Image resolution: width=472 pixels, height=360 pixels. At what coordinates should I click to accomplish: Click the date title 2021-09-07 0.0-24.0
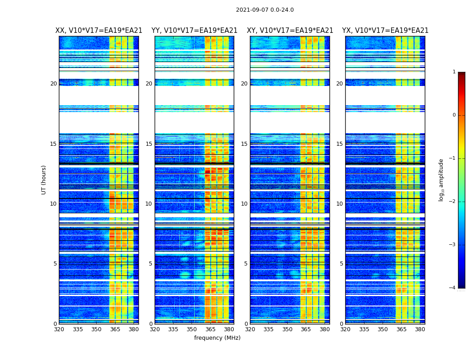pos(265,10)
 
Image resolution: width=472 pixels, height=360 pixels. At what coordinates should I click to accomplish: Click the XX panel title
pos(99,31)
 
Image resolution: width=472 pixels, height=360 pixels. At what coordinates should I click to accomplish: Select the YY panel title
pos(194,31)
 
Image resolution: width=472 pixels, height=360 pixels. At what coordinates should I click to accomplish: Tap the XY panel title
pos(290,31)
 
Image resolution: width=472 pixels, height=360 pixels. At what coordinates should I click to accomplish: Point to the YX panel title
pos(385,31)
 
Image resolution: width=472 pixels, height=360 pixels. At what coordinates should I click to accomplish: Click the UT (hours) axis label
pos(44,180)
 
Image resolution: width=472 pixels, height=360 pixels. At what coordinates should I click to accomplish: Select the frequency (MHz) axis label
pos(217,338)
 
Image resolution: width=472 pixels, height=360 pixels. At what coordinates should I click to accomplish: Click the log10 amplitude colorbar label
pos(441,180)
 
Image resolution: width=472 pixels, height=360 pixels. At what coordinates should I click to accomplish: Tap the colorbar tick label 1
pos(454,72)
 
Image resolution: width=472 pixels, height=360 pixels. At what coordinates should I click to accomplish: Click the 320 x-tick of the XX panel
pos(59,329)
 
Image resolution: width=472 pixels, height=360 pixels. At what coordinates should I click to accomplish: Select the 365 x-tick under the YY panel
pos(210,329)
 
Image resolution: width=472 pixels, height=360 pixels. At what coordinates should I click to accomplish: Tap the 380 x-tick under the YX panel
pos(420,329)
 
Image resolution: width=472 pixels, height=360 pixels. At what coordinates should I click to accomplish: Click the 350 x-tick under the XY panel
pos(287,329)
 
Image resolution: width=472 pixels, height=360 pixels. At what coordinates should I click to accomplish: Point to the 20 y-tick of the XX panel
pos(53,84)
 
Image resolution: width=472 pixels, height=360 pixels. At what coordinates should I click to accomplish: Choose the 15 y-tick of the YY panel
pos(149,144)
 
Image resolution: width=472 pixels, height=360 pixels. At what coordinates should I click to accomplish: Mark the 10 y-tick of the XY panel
pos(244,204)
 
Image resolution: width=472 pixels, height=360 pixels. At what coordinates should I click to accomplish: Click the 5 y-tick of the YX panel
pos(341,264)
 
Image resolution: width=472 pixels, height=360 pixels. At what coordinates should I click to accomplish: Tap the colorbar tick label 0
pos(454,115)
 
